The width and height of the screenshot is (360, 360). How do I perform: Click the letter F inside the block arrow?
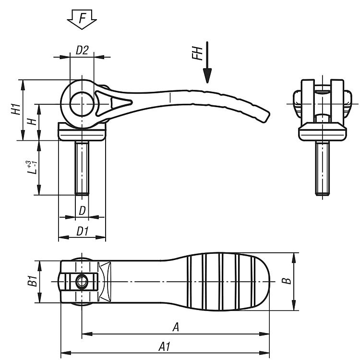point(82,18)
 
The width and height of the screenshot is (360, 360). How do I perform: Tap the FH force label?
point(197,53)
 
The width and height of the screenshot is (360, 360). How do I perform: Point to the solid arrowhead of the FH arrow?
point(207,75)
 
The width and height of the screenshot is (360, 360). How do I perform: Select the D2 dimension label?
point(82,50)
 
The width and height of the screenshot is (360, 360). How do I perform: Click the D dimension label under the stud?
point(82,211)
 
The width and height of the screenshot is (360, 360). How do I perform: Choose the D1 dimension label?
point(82,231)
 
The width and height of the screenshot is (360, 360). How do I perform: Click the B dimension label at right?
point(287,281)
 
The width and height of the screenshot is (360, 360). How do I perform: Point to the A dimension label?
point(176,327)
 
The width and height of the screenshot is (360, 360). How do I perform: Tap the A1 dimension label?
point(164,347)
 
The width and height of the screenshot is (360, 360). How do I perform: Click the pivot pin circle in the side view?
point(82,104)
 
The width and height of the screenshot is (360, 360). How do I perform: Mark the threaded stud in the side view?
point(82,168)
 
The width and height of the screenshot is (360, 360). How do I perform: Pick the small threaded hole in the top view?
point(82,282)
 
